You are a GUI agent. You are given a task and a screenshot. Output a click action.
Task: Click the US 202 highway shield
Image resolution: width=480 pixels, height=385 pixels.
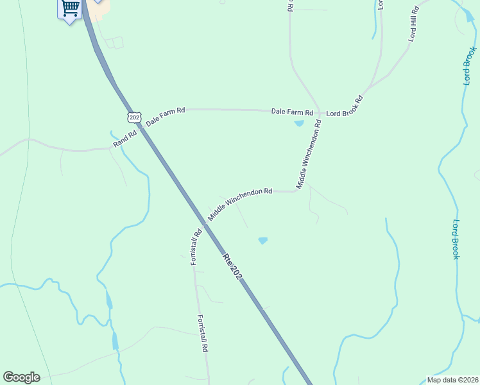[133, 117]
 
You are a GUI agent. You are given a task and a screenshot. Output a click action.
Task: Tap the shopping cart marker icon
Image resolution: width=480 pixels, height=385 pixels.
[70, 8]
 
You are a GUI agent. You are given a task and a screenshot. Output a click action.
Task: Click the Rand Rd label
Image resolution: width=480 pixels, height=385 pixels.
[125, 139]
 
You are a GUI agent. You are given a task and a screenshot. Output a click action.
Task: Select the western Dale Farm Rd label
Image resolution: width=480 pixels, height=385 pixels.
[166, 116]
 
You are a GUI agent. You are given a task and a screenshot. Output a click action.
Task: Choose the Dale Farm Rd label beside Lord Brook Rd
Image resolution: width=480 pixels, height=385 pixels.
[292, 112]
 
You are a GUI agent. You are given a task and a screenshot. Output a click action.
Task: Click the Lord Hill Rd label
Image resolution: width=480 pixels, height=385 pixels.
[414, 24]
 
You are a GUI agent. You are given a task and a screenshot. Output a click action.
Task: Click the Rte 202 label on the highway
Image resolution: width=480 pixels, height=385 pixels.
[232, 266]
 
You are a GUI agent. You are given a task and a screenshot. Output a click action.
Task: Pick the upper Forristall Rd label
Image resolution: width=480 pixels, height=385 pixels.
[196, 246]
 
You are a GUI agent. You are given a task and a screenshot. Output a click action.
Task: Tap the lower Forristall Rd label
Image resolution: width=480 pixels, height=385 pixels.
[203, 333]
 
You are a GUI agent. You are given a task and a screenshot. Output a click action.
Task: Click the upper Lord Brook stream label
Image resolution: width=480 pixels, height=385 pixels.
[470, 65]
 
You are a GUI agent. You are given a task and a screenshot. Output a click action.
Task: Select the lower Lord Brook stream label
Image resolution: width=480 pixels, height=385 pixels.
[455, 239]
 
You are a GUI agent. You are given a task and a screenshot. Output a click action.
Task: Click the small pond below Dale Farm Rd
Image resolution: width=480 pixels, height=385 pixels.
[299, 123]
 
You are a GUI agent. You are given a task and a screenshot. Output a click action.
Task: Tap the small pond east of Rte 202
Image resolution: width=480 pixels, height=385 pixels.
[262, 241]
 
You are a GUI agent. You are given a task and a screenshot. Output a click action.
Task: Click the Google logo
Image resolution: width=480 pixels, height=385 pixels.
[21, 377]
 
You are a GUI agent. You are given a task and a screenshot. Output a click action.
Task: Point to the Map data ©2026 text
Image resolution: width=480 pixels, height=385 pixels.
[452, 380]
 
